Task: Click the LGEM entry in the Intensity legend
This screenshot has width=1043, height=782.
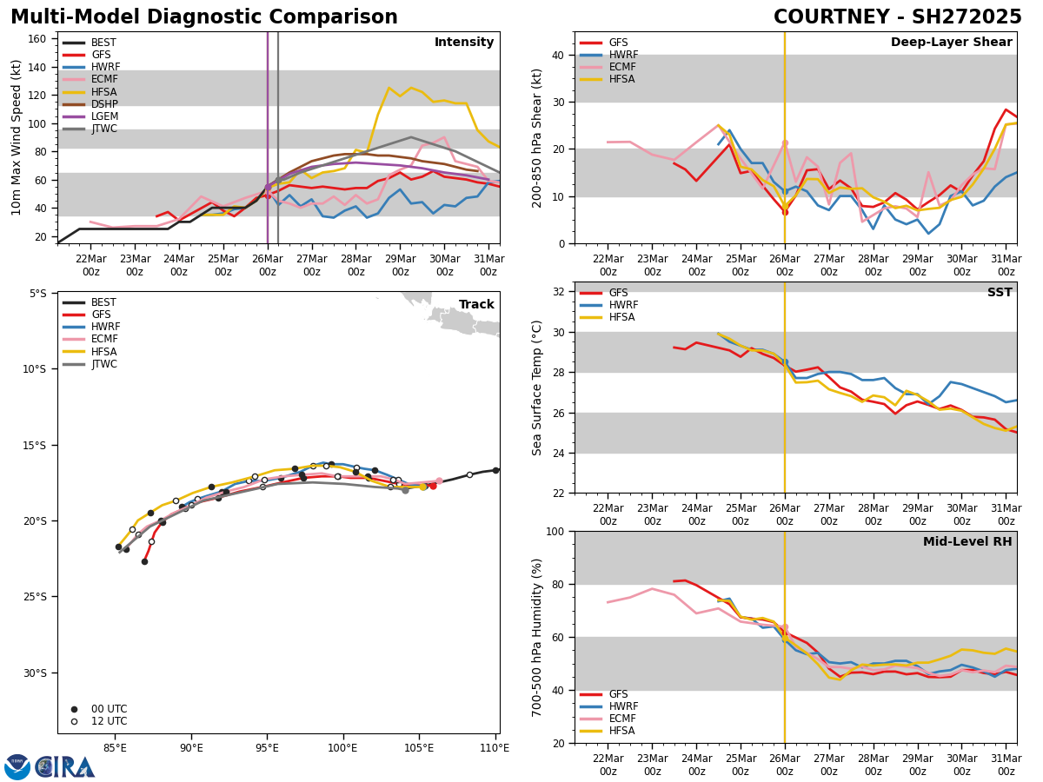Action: point(104,116)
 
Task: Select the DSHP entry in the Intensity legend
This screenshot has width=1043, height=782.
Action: point(104,104)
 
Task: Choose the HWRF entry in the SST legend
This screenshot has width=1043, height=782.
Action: point(623,305)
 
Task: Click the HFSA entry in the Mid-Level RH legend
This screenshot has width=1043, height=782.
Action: point(623,731)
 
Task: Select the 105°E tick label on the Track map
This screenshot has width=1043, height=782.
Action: point(419,746)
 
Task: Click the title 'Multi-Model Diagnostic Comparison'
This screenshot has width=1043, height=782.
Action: point(204,17)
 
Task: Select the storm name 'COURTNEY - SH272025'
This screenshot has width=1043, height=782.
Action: point(897,17)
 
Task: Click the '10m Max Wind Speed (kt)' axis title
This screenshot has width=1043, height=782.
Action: point(17,136)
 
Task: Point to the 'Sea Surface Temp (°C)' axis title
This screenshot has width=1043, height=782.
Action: point(538,388)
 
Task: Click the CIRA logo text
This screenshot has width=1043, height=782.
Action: point(64,767)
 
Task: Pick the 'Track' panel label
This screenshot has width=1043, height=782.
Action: point(476,305)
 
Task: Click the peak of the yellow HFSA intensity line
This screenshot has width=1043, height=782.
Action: point(389,87)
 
